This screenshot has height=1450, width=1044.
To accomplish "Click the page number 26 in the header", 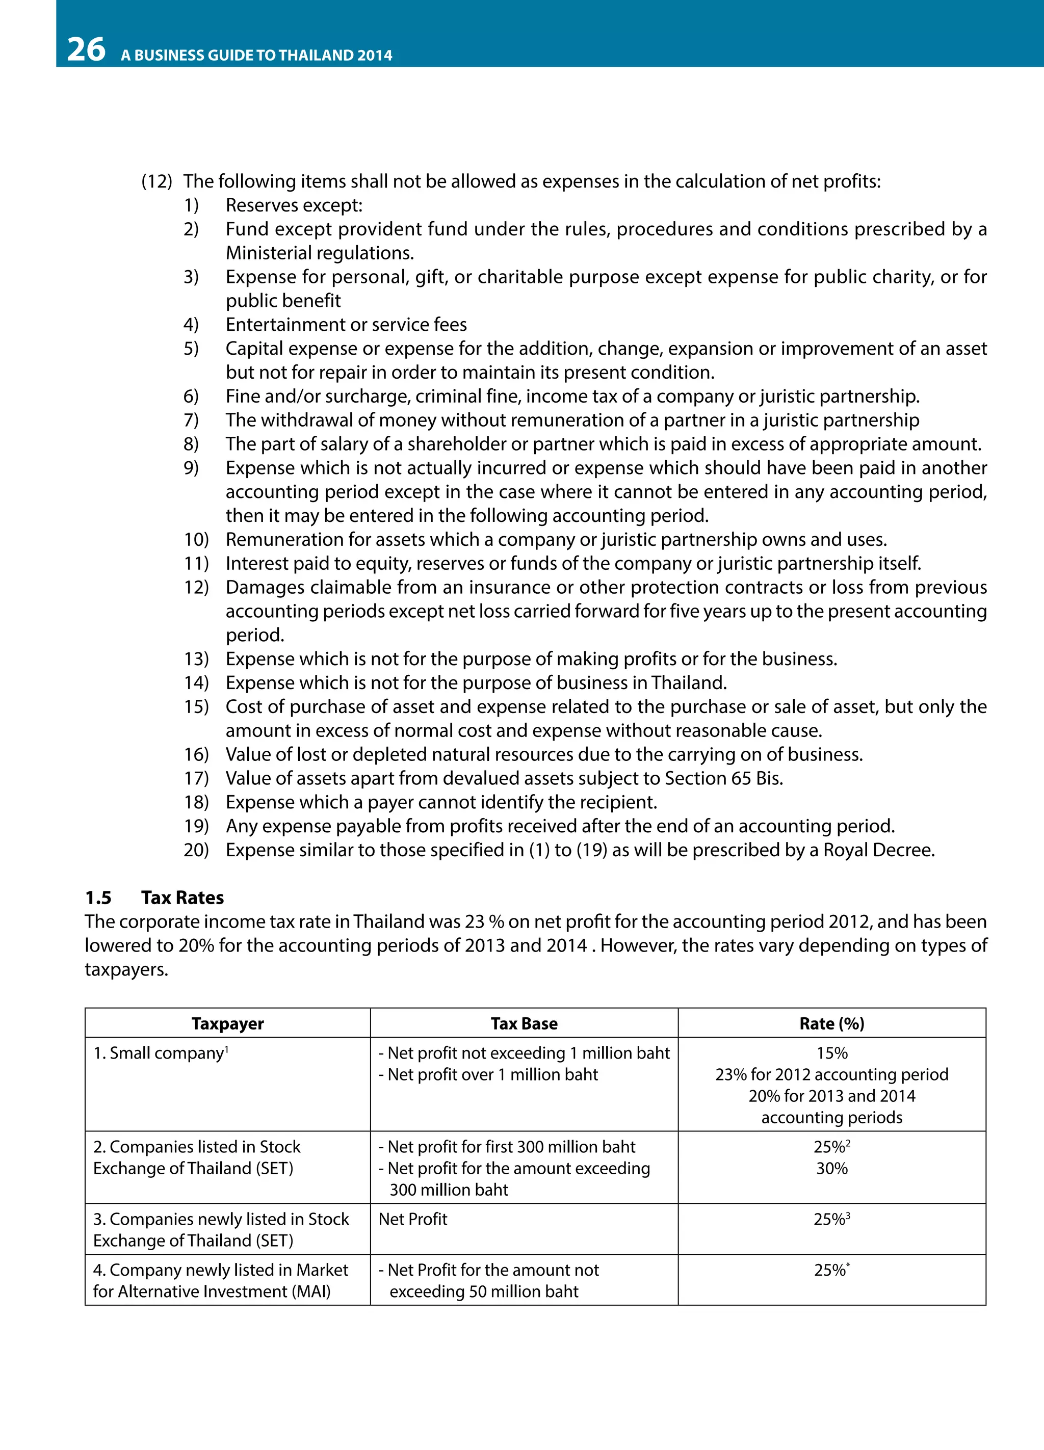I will tap(86, 50).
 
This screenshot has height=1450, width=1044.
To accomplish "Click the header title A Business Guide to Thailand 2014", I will tap(256, 56).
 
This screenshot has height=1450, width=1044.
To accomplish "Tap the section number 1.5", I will tap(98, 898).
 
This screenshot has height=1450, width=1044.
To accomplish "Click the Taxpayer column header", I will tap(227, 1023).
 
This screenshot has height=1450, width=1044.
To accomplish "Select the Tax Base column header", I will tap(524, 1023).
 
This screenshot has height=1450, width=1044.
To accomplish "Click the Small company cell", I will tap(160, 1053).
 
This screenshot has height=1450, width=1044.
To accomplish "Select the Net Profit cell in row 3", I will tap(413, 1219).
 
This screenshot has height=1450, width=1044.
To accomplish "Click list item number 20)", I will tap(196, 850).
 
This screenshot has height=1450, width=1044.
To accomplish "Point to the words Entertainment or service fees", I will tap(346, 325).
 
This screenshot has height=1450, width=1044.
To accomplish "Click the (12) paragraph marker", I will tap(156, 181).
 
